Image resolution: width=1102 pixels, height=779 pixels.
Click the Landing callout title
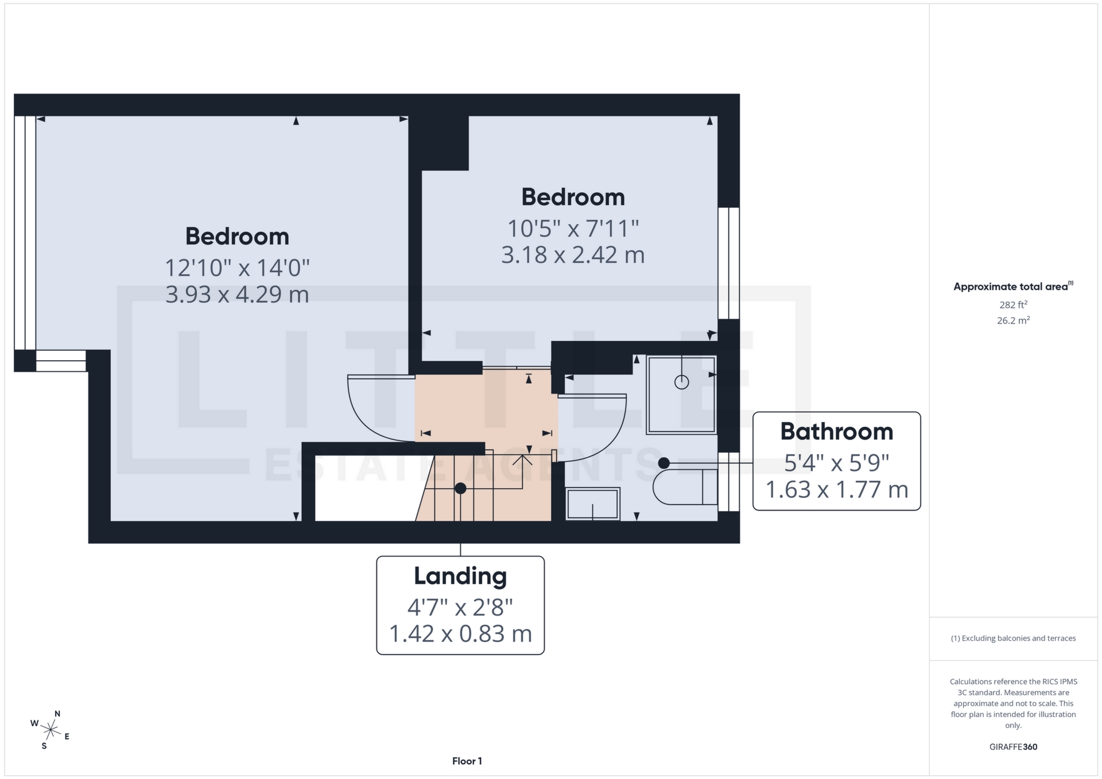point(460,577)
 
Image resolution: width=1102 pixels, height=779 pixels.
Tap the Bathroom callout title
point(836,432)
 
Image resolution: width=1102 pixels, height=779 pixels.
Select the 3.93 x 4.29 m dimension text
point(237,294)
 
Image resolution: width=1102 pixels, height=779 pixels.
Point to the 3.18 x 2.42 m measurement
point(573,255)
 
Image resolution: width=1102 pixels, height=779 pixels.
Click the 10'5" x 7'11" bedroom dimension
point(573,228)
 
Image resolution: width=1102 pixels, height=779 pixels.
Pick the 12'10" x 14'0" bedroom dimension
point(237,267)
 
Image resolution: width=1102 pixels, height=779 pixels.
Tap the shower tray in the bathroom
point(681,394)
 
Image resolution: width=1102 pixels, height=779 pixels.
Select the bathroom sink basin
point(592,504)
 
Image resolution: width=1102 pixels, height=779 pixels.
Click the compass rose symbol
point(51,730)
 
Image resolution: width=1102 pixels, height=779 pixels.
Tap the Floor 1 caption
point(467,761)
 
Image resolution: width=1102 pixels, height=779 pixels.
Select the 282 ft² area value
point(1013,305)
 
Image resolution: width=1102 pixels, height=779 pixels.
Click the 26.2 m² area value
point(1013,321)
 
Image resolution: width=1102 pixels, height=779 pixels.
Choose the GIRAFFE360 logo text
point(1013,747)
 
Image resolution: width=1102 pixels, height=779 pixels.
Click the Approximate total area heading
point(1011,287)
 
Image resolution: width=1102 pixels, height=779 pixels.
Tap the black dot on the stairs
point(460,489)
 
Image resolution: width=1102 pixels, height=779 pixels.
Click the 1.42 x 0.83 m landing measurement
point(460,634)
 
